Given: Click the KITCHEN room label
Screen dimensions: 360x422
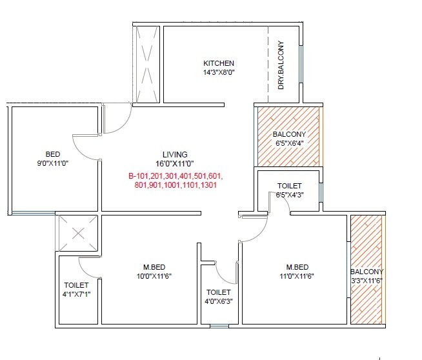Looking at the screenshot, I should pyautogui.click(x=219, y=63).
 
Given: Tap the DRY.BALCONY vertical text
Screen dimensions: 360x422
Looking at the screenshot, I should pyautogui.click(x=281, y=65).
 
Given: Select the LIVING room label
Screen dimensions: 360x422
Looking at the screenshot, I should pyautogui.click(x=175, y=155).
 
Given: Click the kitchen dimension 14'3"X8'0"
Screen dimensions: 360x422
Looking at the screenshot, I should pyautogui.click(x=219, y=73).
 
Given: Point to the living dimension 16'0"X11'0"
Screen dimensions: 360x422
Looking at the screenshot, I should pyautogui.click(x=175, y=165).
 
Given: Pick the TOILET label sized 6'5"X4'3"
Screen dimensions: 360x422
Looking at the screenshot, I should pyautogui.click(x=289, y=186).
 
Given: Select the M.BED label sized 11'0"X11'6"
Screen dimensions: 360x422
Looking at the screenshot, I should pyautogui.click(x=297, y=267).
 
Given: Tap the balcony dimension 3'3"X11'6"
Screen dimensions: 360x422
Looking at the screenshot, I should pyautogui.click(x=367, y=281).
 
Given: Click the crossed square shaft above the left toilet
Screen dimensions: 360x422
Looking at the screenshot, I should pyautogui.click(x=77, y=233).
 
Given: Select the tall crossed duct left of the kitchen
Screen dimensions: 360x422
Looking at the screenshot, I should pyautogui.click(x=146, y=64).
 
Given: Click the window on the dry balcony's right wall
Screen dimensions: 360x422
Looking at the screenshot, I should pyautogui.click(x=301, y=63).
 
